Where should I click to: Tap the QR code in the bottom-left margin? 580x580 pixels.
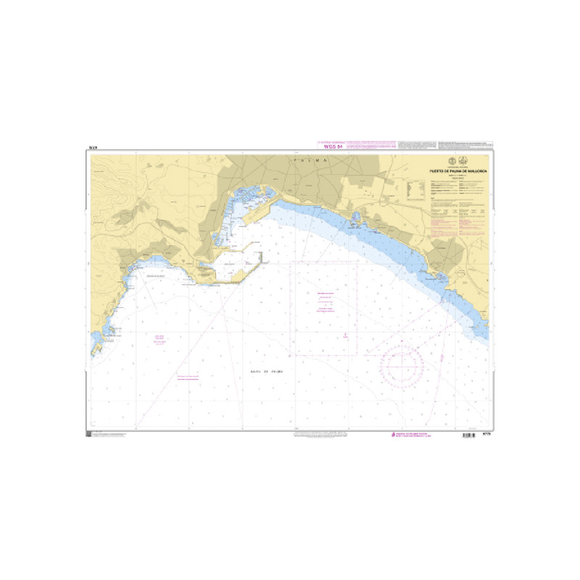pos(89,433)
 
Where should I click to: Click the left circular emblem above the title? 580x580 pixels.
pos(452,160)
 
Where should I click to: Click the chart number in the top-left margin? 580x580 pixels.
pos(92,148)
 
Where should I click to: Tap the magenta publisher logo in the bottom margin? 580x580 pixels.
pos(386,434)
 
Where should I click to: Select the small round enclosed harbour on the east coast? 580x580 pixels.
pos(357,217)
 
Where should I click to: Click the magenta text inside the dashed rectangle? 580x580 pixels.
pos(324,302)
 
